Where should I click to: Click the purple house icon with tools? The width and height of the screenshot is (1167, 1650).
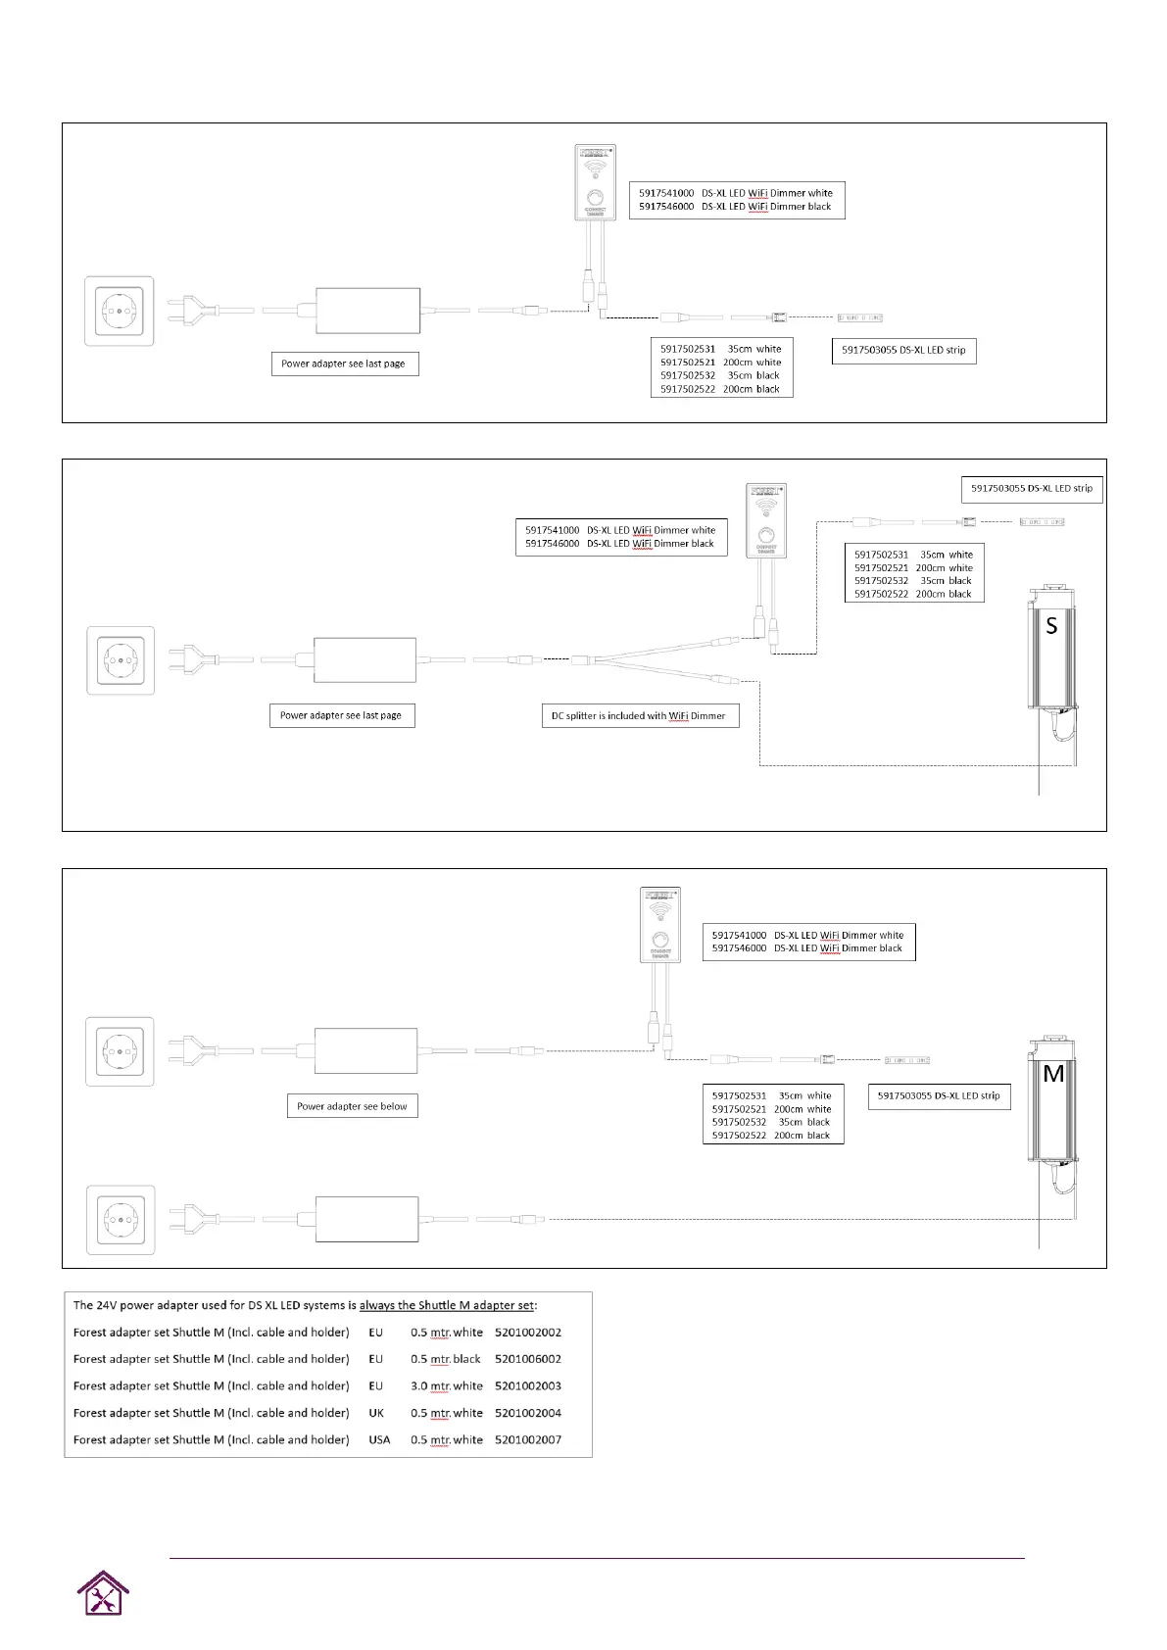coord(103,1593)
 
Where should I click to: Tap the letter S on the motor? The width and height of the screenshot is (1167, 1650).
coord(1051,626)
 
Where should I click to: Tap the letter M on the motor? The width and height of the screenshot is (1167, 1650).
coord(1053,1074)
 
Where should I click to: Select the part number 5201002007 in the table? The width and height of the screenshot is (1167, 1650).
coord(528,1439)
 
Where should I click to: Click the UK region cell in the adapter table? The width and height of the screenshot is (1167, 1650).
coord(376,1413)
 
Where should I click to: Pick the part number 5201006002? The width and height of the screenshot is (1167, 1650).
coord(528,1359)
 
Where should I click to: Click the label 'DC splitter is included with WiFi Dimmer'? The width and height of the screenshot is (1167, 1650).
coord(639,716)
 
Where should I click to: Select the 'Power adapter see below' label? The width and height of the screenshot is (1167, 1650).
coord(352,1106)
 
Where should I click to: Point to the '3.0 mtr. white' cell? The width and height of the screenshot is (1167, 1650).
coord(447,1385)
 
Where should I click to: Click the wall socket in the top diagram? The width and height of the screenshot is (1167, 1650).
coord(120,311)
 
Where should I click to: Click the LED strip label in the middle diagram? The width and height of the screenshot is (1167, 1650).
coord(1032,489)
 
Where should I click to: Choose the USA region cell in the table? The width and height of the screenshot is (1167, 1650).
coord(379,1439)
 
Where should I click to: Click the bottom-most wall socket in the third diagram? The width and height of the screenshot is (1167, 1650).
coord(120,1220)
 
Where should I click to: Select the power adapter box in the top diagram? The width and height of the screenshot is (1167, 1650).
coord(368,311)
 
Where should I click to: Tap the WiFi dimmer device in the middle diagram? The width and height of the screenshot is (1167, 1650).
coord(766,521)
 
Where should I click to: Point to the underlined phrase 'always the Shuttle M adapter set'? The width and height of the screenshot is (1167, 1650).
coord(448,1305)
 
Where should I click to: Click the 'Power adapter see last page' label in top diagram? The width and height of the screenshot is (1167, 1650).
coord(344,364)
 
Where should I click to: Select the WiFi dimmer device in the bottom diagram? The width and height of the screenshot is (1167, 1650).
coord(660,926)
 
